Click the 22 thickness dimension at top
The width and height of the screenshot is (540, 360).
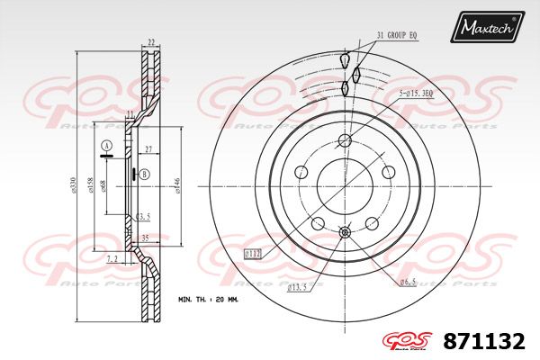coord(151,42)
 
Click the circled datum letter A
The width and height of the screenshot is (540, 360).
coord(106,146)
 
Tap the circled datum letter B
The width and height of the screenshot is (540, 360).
coord(144,174)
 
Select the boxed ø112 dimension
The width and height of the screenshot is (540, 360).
coord(253,255)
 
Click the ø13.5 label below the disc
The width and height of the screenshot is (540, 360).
coord(297,288)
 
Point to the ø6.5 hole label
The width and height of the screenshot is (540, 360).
coord(409,283)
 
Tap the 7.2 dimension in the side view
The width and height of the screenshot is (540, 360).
coord(112,258)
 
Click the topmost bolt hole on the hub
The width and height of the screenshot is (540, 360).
coord(345,140)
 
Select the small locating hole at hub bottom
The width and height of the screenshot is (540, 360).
coord(345,234)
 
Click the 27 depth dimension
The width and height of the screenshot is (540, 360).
coord(148,149)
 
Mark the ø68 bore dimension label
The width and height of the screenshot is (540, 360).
coord(104,184)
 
